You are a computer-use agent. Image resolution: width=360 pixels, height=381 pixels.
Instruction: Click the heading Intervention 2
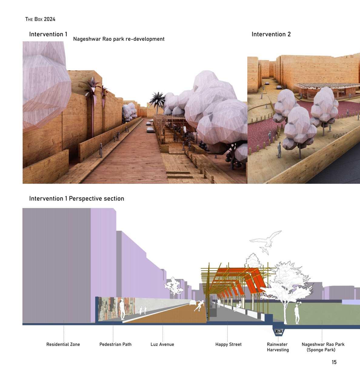pos(271,34)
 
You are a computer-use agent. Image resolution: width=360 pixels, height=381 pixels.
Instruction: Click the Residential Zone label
pos(63,344)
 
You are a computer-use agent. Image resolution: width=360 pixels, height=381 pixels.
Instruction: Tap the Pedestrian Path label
pos(115,344)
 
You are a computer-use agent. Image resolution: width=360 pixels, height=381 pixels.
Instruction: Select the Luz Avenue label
pos(162,344)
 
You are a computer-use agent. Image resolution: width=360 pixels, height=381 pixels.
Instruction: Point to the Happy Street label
pos(228,344)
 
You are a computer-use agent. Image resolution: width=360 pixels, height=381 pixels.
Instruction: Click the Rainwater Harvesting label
pos(278,347)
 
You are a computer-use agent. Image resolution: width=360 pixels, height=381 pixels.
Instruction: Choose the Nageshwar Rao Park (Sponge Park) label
pos(323,347)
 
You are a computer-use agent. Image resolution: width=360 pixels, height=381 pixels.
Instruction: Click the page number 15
pos(334,362)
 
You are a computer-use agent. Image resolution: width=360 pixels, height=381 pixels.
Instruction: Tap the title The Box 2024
pos(40,19)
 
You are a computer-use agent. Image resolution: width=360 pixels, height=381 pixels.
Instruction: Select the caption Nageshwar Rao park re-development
pos(119,39)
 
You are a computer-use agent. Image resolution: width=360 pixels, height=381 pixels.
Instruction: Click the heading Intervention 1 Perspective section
pos(77,199)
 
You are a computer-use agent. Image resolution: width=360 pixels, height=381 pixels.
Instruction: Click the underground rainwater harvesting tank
pos(278,332)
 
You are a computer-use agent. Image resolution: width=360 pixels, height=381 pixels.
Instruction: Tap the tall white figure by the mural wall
pos(122,309)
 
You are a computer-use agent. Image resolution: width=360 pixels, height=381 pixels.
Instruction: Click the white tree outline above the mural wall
pos(173,286)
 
